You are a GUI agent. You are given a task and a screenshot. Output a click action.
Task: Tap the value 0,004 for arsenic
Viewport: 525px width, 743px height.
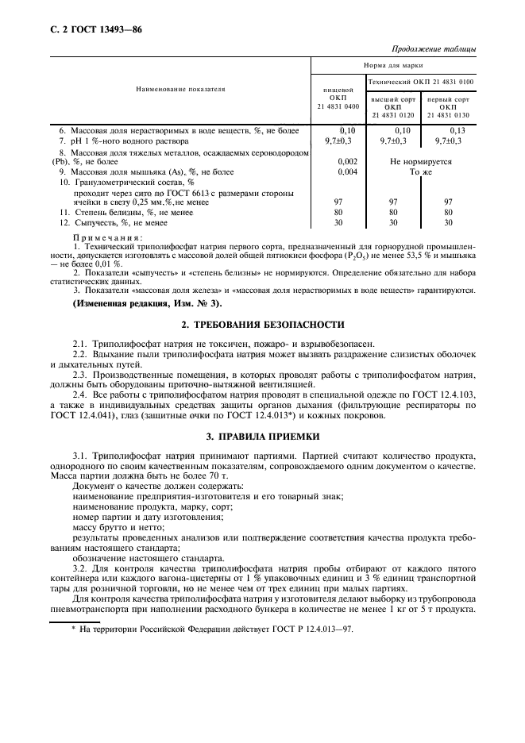coord(347,171)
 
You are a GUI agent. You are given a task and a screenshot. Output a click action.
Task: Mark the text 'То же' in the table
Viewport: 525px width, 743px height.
coord(420,171)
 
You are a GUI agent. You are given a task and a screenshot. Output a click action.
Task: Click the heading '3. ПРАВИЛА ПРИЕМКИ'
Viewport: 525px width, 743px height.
coord(263,436)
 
